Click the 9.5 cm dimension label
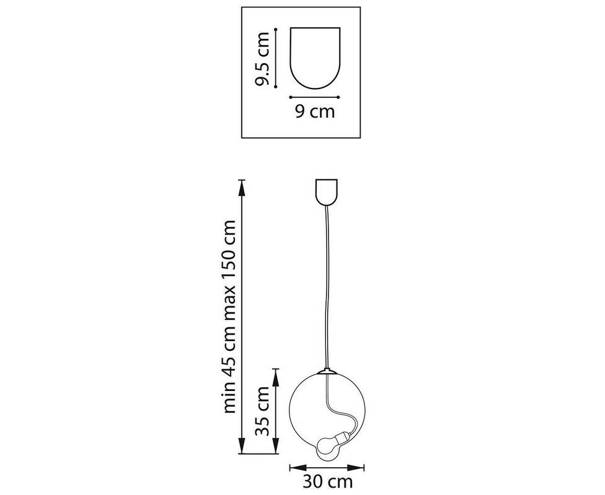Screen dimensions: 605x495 pyautogui.click(x=264, y=58)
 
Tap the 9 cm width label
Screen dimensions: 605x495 pyautogui.click(x=315, y=111)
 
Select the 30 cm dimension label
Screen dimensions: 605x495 pyautogui.click(x=328, y=482)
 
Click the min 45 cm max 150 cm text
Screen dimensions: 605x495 pyautogui.click(x=229, y=317)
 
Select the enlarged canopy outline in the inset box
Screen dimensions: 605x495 pyautogui.click(x=315, y=58)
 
